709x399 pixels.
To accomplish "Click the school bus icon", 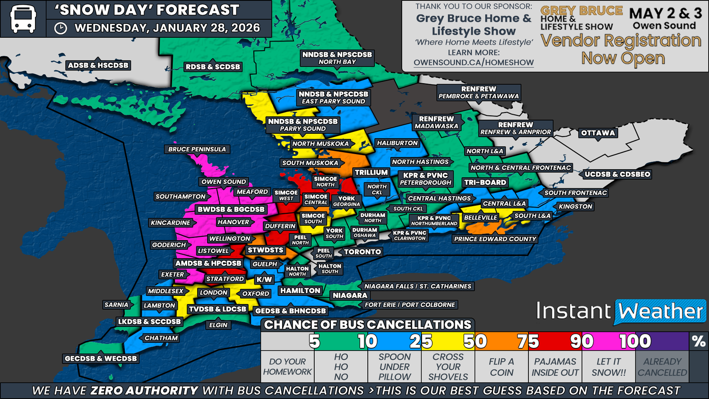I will point(23,19).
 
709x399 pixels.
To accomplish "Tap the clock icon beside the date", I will point(61,28).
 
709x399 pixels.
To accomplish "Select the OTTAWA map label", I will point(598,133).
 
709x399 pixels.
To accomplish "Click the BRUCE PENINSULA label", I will point(197,149).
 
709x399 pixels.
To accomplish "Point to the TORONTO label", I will point(362,252).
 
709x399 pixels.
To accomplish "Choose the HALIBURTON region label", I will point(397,143).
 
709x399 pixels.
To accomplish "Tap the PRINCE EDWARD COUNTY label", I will point(495,239).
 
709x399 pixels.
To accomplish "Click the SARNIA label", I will point(116,305).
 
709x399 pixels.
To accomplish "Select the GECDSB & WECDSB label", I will point(101,358).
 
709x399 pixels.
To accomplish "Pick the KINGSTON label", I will point(575,207).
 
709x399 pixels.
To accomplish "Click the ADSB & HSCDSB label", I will point(98,65).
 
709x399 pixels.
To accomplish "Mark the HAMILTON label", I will point(300,291).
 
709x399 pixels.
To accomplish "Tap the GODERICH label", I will point(169,245).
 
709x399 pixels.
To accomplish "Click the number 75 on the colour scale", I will point(527,341).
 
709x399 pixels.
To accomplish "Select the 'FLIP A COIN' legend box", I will point(501,367).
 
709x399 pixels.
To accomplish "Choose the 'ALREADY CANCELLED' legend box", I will point(662,367).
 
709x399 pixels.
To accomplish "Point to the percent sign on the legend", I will point(698,341).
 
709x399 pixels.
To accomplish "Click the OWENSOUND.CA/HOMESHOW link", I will point(474,62).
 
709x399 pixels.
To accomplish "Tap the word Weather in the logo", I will point(661,312).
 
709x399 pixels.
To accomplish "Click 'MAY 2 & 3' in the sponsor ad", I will point(665,13).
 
